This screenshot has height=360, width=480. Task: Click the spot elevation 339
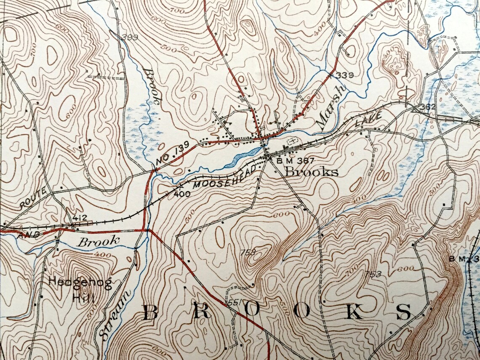pyautogui.click(x=345, y=75)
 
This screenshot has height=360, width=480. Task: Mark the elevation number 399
pyautogui.click(x=130, y=37)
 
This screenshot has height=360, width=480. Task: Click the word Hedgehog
pyautogui.click(x=80, y=282)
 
